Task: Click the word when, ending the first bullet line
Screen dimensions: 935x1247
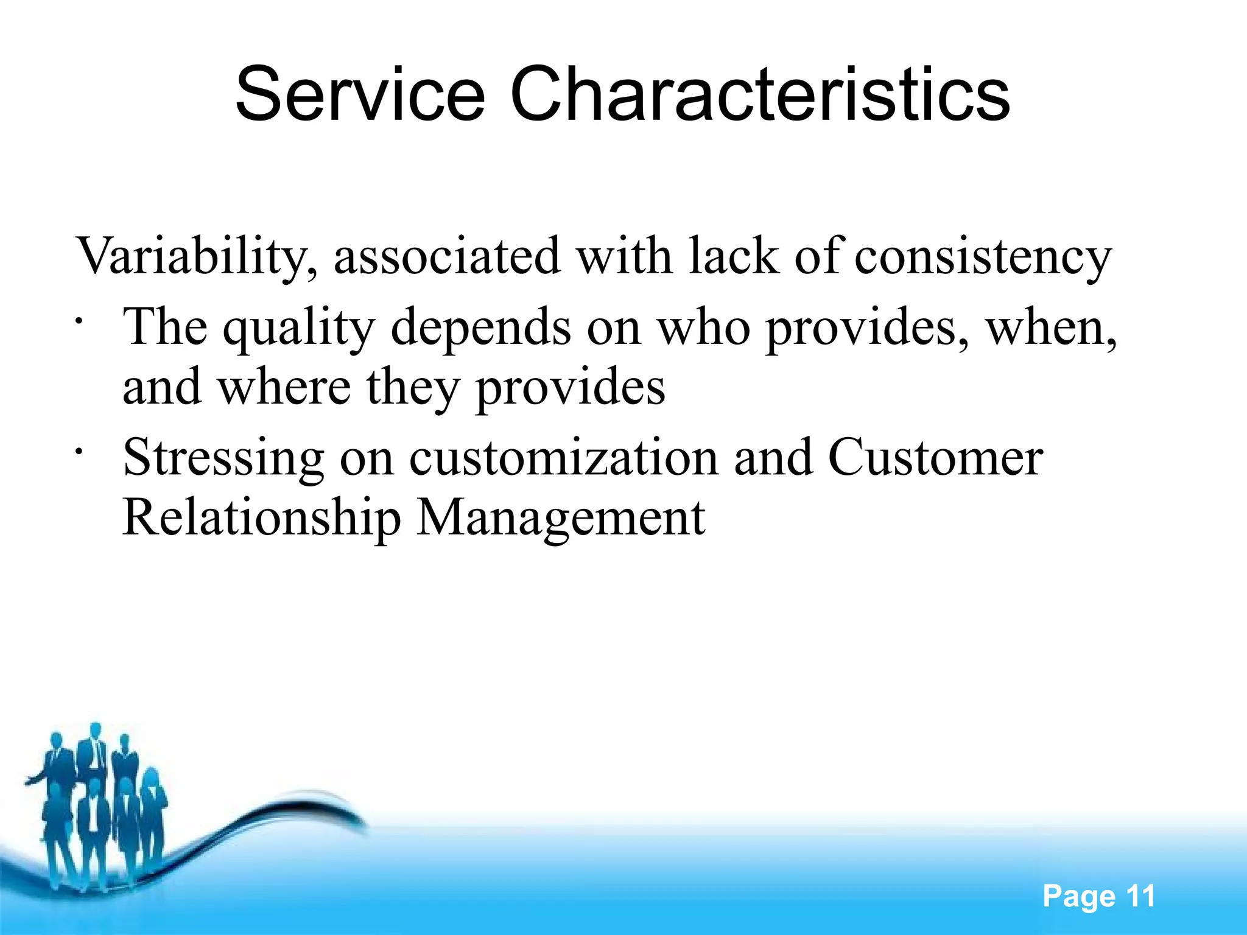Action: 1052,327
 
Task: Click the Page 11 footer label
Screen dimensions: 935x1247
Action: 1098,896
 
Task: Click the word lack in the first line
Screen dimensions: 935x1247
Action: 734,256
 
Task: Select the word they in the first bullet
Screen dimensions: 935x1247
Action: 412,388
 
